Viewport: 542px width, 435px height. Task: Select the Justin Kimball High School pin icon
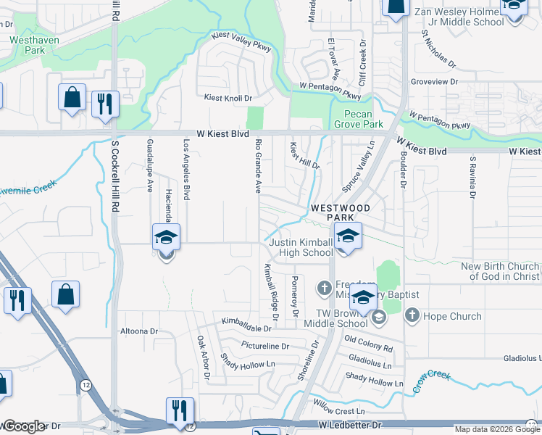(348, 239)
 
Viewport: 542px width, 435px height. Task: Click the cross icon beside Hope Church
(412, 315)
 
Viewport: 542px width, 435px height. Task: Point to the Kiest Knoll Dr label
(228, 97)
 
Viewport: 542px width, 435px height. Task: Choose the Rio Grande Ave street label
(257, 167)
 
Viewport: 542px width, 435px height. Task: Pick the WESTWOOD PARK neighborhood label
(341, 212)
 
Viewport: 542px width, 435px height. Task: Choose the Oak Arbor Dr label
(202, 357)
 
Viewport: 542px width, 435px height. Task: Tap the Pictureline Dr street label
(264, 345)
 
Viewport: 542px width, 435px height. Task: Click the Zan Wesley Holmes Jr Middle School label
(459, 17)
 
